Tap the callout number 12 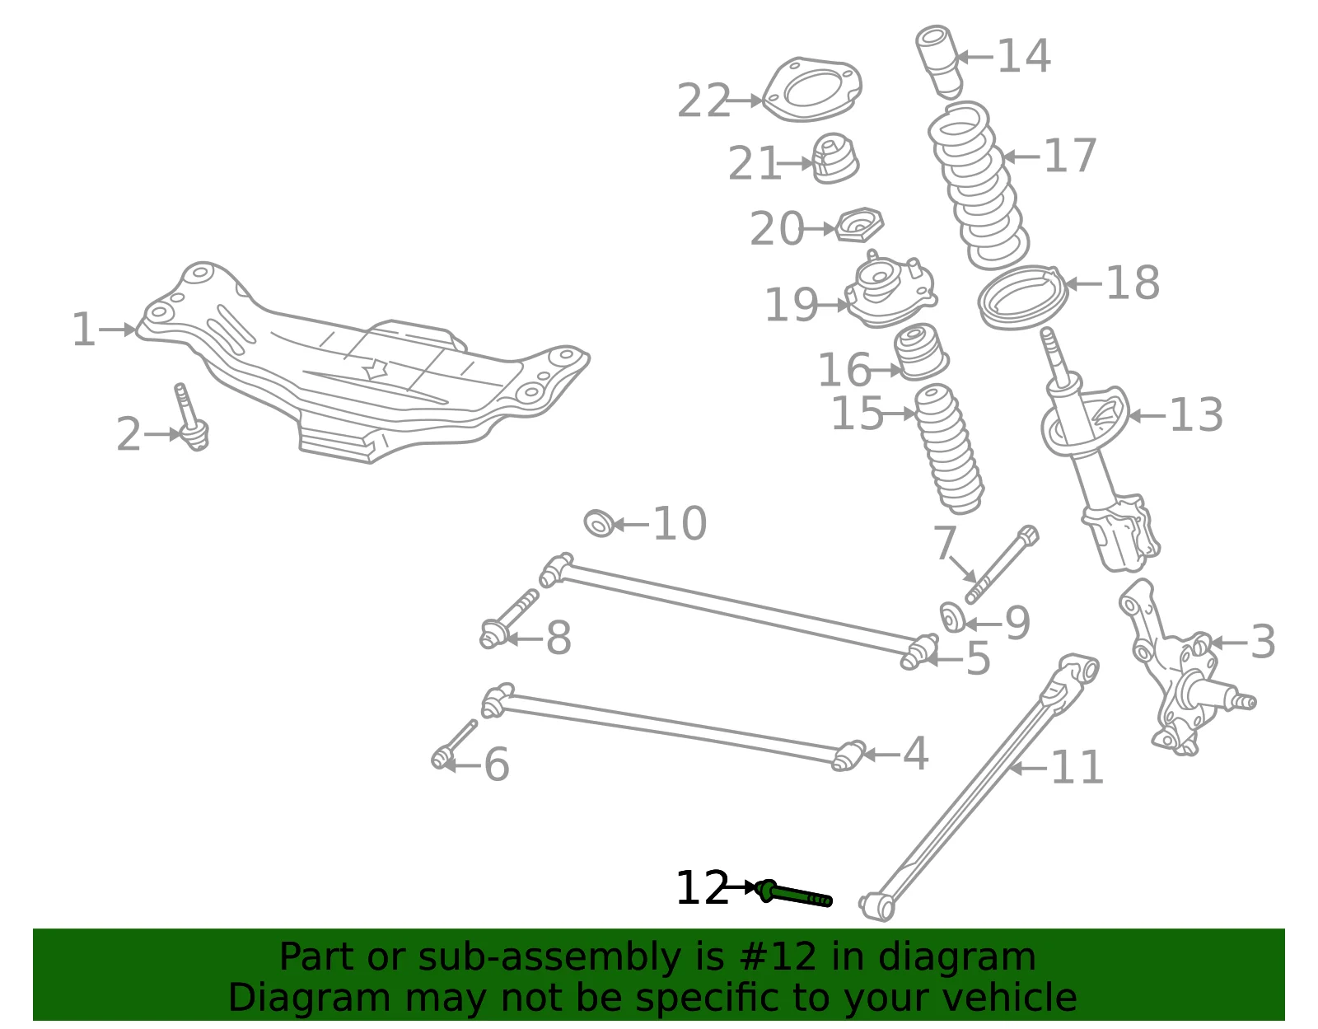(702, 888)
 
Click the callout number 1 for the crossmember (83, 330)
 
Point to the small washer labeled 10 (599, 523)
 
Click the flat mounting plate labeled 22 (811, 90)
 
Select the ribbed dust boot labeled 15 (948, 449)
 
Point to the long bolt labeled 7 (1002, 564)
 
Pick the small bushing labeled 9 (952, 618)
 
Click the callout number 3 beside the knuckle (1263, 641)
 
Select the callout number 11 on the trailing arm (1077, 768)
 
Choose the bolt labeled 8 (508, 619)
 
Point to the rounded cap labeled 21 (835, 158)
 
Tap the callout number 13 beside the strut (1195, 415)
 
